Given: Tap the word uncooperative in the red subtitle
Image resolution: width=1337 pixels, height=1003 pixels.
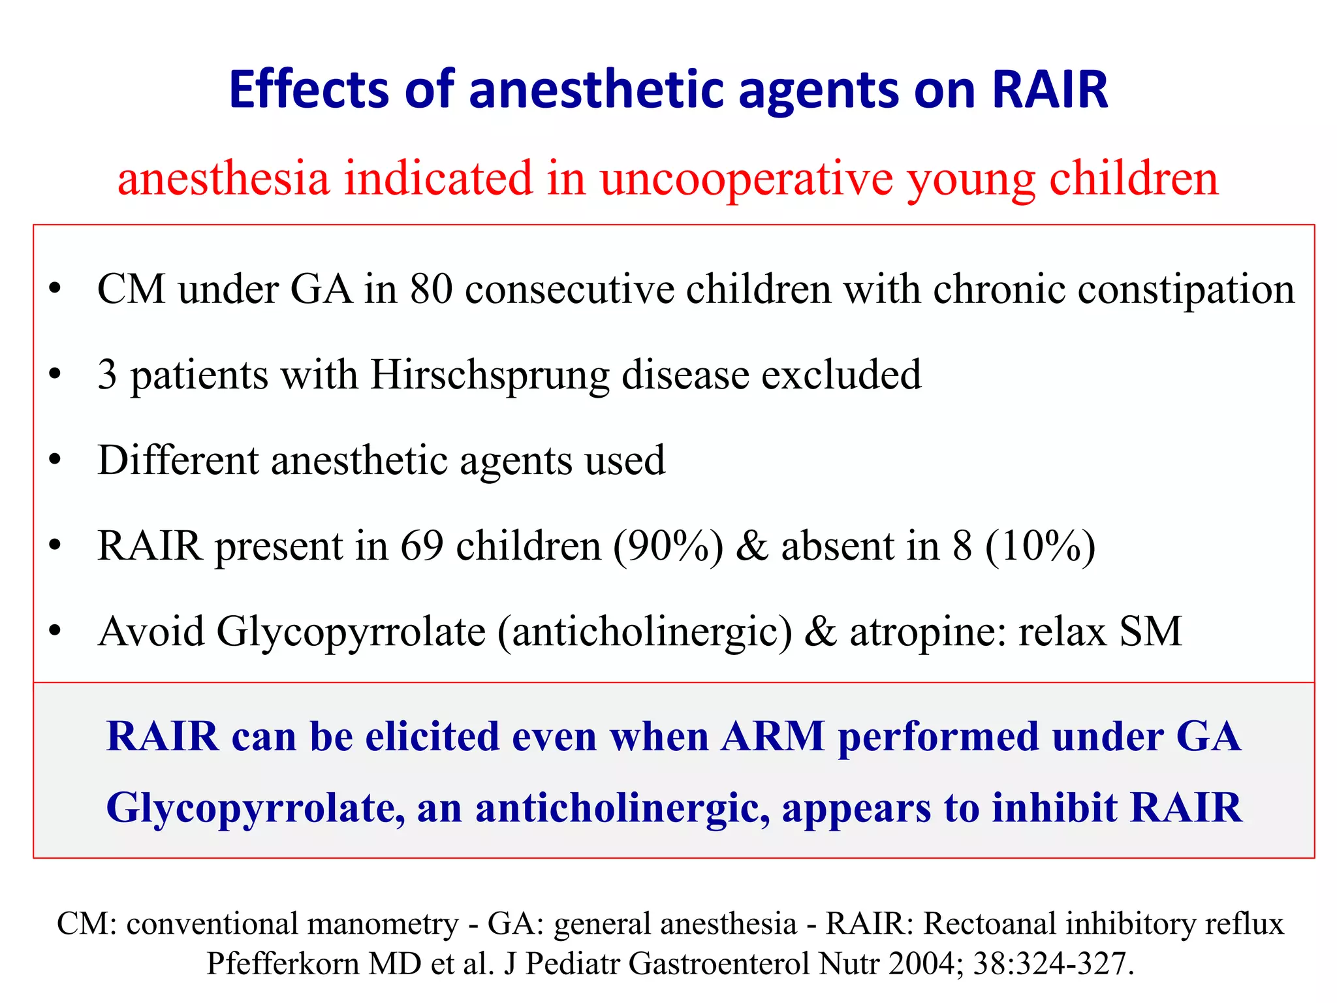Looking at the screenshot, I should coord(746,178).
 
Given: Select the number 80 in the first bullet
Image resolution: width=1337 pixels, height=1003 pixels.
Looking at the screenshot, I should coord(431,289).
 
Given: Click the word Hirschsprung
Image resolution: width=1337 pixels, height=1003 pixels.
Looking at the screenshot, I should coord(490,375).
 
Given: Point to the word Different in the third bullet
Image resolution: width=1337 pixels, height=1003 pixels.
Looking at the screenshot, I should coord(178,460).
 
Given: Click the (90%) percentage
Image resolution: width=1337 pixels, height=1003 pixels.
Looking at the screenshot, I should coord(668,546).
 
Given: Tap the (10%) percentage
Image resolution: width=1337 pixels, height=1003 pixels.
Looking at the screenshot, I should coord(1039,546).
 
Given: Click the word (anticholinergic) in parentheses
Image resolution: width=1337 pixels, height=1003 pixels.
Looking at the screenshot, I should coord(644,632).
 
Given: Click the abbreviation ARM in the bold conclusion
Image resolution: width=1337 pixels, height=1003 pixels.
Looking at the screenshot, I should coord(772,737).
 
